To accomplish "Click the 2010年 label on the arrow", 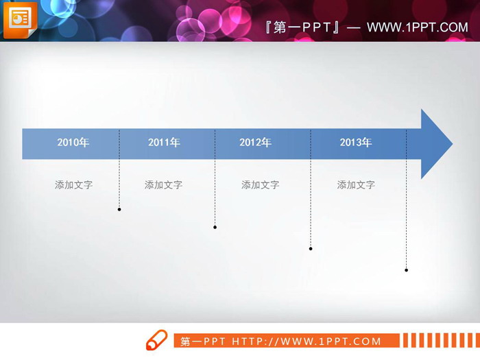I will (73, 143).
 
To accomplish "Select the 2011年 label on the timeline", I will (164, 143).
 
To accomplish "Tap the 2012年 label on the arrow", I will (255, 143).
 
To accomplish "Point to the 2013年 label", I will (355, 143).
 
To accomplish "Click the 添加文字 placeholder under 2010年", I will (73, 184).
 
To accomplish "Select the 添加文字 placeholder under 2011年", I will (163, 184).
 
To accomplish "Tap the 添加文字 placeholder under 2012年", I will (260, 184).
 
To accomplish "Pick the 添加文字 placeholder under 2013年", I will (356, 184).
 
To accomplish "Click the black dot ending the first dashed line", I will (119, 209).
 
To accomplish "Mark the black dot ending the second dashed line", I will (215, 227).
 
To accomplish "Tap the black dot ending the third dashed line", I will (311, 248).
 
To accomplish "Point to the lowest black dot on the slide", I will (406, 270).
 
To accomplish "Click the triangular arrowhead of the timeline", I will (434, 144).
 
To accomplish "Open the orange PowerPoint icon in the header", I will (20, 20).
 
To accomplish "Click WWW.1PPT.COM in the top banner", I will (417, 27).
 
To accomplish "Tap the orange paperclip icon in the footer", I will (156, 340).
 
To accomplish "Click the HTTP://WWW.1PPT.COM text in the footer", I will (307, 341).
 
